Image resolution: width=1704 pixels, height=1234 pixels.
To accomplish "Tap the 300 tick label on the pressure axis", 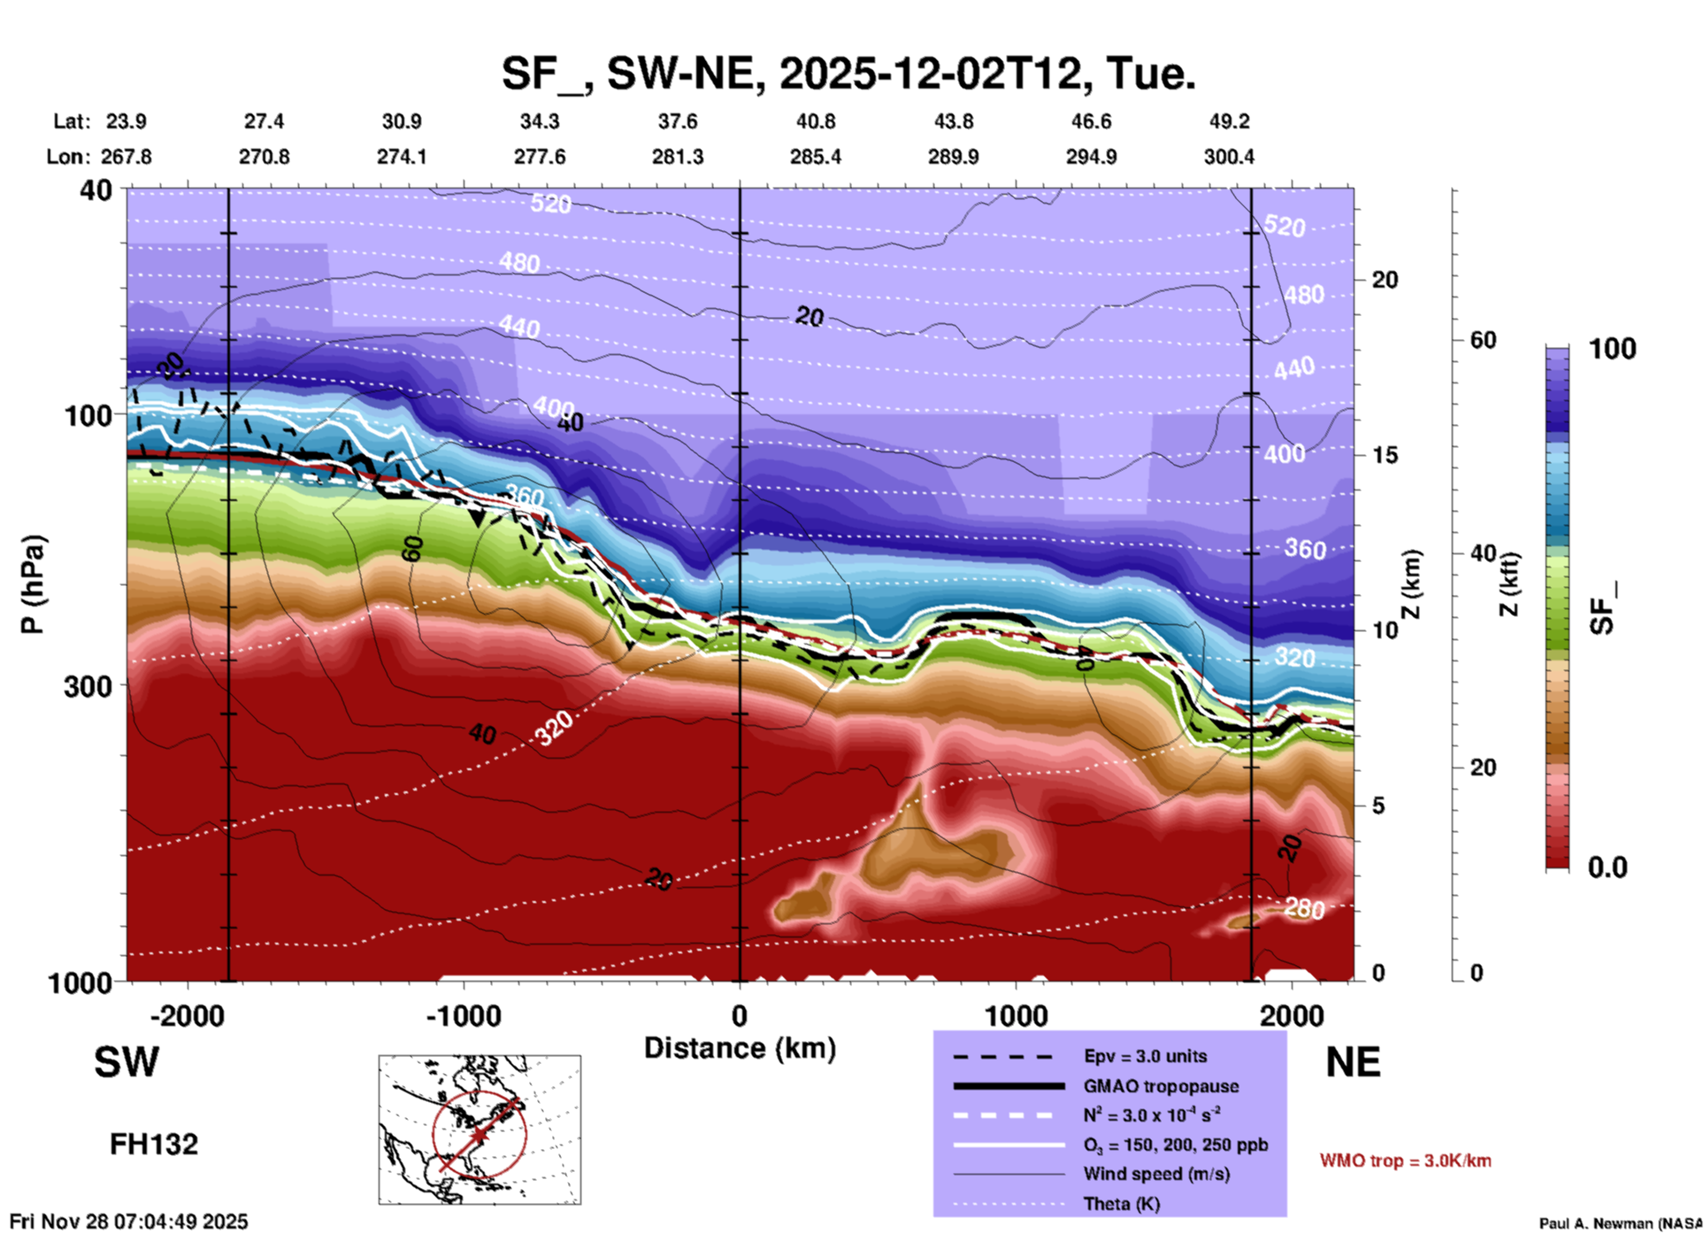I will [x=88, y=686].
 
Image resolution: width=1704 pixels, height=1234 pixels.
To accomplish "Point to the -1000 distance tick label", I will [x=463, y=1015].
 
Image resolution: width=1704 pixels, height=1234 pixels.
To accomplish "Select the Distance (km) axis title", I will [x=740, y=1048].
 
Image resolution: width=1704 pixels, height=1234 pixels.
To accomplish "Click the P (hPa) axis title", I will [x=33, y=584].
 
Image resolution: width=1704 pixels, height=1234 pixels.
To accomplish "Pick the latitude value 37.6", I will [x=678, y=121].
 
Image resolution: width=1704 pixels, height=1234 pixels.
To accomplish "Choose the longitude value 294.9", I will [x=1091, y=157].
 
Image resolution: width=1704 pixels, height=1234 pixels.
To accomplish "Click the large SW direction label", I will [x=127, y=1062].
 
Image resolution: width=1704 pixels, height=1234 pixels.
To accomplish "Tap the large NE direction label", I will [x=1353, y=1062].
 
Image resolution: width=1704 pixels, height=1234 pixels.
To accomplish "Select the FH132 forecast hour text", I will [x=154, y=1145].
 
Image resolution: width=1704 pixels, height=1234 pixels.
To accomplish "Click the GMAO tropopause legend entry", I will [x=1161, y=1086].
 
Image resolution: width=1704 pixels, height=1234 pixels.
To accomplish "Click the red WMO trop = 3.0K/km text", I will [x=1405, y=1161].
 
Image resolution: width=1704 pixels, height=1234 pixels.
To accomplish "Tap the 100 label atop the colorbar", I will [x=1612, y=349].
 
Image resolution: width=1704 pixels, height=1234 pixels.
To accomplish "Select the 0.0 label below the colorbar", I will [x=1608, y=868].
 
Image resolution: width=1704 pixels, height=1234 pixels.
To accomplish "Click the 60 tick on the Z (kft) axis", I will [x=1483, y=340].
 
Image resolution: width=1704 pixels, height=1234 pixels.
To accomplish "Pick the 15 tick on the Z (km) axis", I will [x=1385, y=455].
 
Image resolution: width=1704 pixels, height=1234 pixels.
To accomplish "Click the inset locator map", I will [x=480, y=1130].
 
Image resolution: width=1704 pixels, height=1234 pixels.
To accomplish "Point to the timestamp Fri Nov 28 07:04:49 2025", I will [x=129, y=1222].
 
